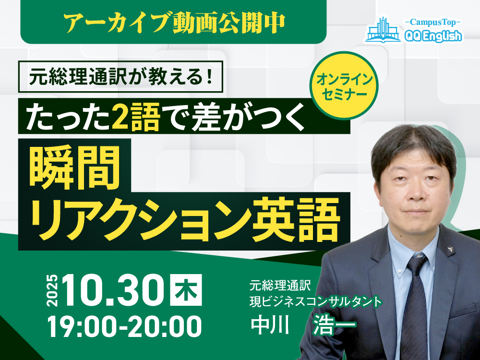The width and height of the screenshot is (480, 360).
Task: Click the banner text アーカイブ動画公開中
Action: (173, 22)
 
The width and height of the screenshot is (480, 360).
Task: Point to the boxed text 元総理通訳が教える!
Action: (120, 77)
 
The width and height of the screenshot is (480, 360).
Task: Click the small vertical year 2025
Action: (52, 292)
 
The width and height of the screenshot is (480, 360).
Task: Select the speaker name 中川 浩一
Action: (303, 325)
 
